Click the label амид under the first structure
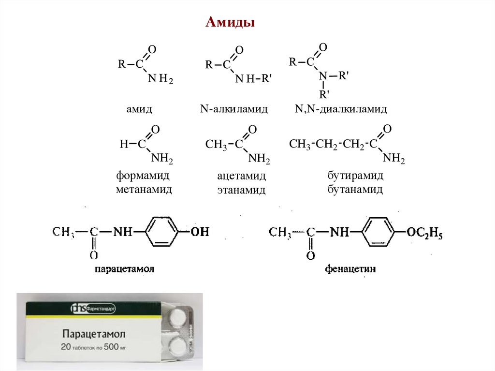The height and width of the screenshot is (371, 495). tap(139, 109)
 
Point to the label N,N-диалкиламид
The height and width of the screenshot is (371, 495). tap(341, 109)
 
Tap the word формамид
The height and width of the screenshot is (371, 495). tap(144, 175)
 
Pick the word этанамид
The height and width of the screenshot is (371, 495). tap(241, 191)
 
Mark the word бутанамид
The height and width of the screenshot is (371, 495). tap(355, 189)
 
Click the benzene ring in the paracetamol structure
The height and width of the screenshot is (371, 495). tap(162, 233)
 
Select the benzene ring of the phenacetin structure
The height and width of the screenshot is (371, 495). tap(379, 233)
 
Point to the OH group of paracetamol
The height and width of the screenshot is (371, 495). tap(199, 233)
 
